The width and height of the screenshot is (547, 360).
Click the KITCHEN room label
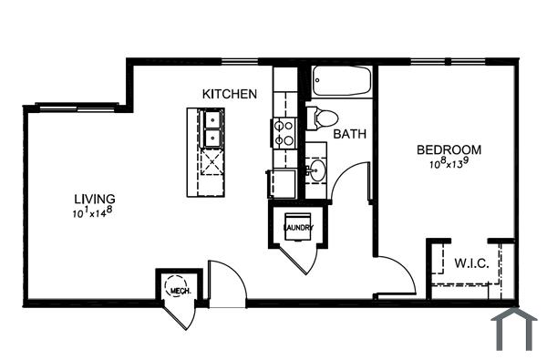point(229,94)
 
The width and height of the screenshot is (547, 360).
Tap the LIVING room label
point(95,199)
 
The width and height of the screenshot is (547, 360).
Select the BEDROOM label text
point(449,150)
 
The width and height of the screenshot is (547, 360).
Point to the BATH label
point(349,134)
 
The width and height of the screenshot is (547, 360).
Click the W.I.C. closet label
point(472,263)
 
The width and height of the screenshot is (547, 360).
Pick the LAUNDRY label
point(298,227)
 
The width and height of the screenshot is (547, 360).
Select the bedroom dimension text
point(449,165)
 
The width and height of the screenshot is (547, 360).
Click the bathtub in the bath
point(342,81)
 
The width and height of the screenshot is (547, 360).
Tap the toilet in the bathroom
point(322,118)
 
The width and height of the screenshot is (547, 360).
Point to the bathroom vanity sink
point(317,170)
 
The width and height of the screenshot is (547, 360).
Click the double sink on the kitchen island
point(212,129)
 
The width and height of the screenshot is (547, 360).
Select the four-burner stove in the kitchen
point(283,134)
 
